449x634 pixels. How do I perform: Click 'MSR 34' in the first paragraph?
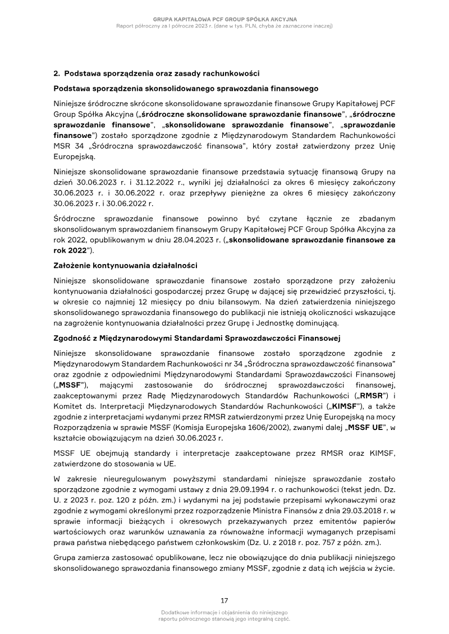coord(67,147)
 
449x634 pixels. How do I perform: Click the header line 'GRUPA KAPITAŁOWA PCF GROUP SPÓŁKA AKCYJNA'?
coord(224,20)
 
